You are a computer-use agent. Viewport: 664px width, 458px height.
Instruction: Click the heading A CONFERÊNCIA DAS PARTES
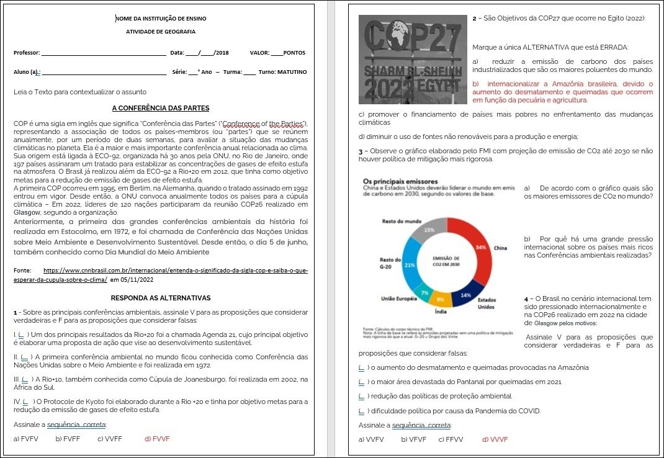160,108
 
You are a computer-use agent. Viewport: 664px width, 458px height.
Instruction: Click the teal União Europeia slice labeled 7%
424,292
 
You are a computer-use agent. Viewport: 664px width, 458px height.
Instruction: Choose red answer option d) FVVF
157,439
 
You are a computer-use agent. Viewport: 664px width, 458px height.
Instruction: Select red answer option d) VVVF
495,439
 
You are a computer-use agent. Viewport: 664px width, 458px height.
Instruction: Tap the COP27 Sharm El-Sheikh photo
413,59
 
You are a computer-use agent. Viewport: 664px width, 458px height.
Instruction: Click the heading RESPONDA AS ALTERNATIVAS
160,298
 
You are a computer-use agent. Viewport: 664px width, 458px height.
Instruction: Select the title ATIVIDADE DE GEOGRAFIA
161,31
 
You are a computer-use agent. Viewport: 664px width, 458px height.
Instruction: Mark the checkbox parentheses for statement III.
25,379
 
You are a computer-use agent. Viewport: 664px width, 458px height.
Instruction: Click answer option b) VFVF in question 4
413,439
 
